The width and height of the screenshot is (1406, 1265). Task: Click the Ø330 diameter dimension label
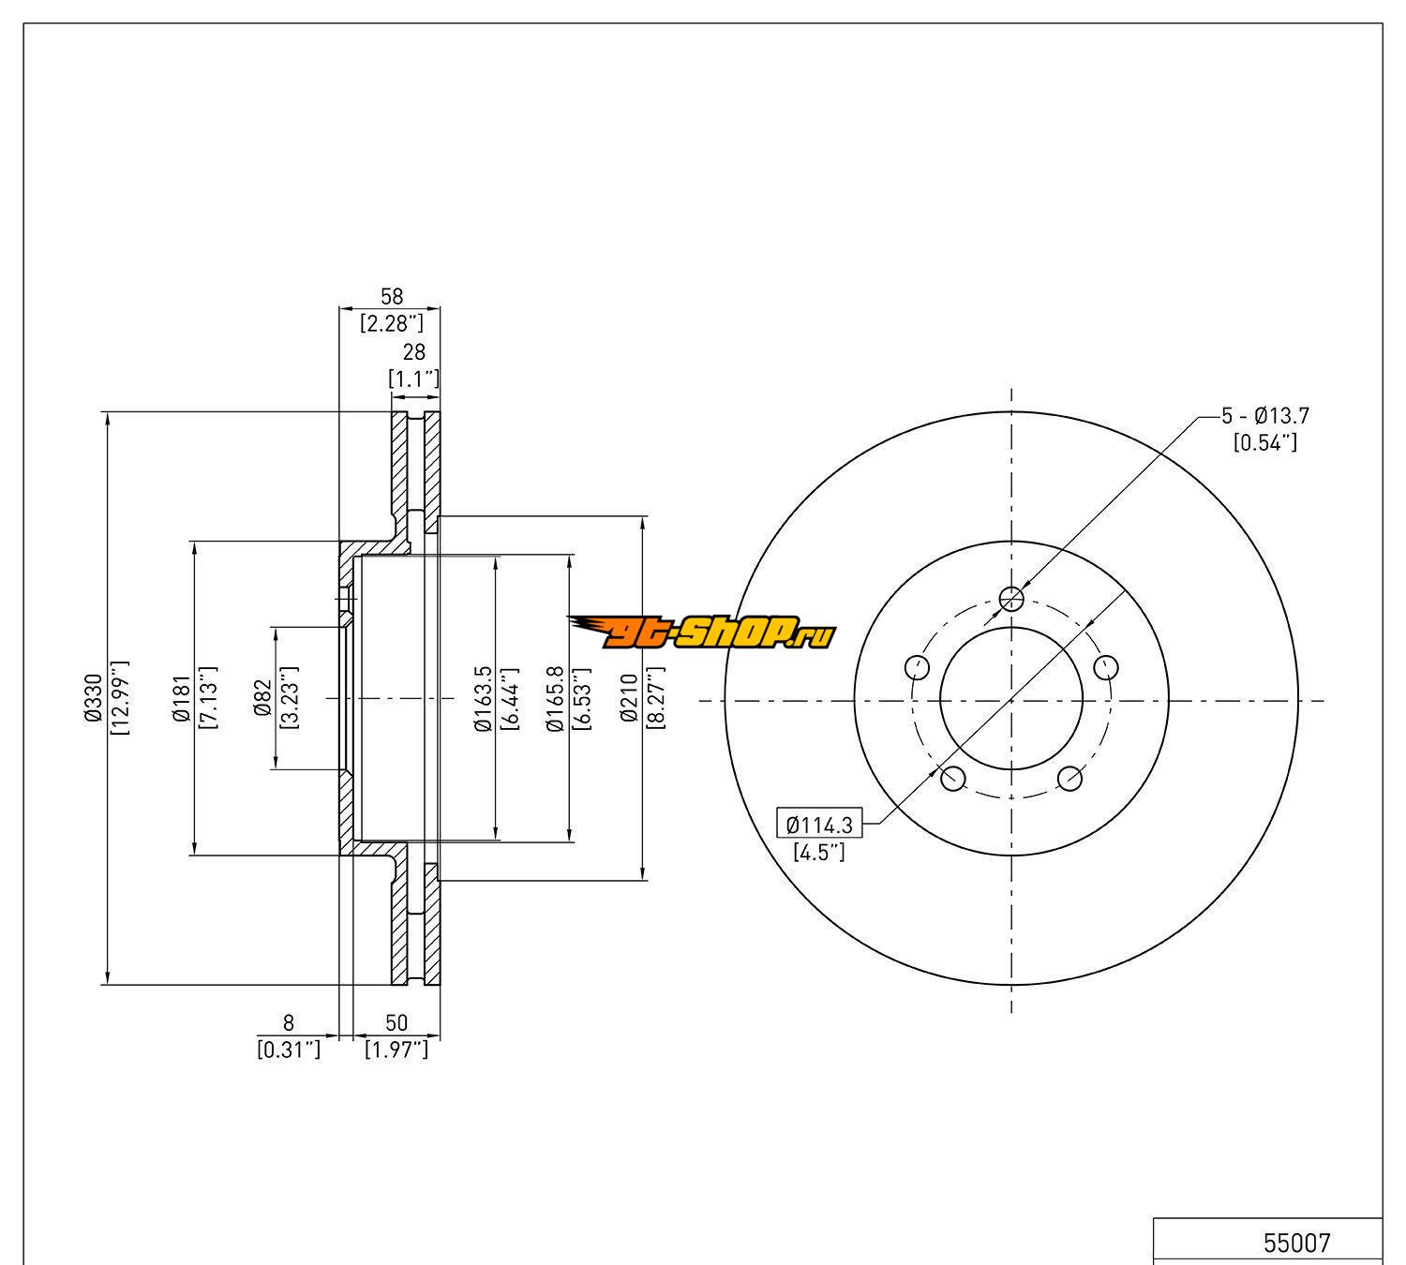[93, 697]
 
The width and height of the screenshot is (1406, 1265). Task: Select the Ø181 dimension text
[182, 698]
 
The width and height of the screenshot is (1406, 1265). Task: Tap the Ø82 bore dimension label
[262, 697]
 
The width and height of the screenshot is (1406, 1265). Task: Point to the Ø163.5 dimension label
[484, 699]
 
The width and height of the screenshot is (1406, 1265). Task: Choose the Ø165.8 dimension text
[555, 699]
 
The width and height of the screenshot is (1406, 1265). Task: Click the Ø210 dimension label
[629, 697]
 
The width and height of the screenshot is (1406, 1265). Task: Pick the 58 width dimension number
[392, 296]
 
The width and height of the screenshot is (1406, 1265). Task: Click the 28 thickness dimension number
[413, 351]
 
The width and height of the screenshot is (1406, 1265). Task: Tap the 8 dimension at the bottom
[288, 1023]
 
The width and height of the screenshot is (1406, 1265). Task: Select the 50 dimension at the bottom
[396, 1023]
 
